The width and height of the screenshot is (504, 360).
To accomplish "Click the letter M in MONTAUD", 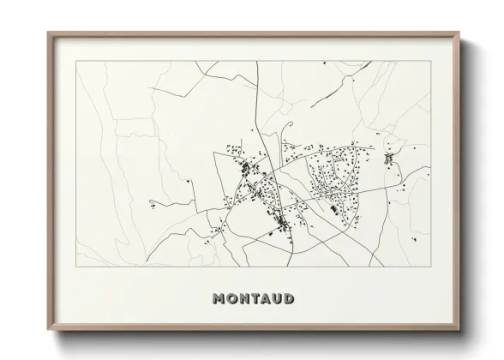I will pyautogui.click(x=219, y=299).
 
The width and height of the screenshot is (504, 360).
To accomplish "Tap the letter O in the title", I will pyautogui.click(x=232, y=299).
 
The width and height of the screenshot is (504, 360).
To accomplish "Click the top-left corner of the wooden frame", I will pyautogui.click(x=48, y=33).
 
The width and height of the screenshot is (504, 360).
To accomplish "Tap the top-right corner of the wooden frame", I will pyautogui.click(x=461, y=33).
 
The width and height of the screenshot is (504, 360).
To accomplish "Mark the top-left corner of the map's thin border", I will pyautogui.click(x=76, y=63).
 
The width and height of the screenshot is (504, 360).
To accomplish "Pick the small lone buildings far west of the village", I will pyautogui.click(x=153, y=204).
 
